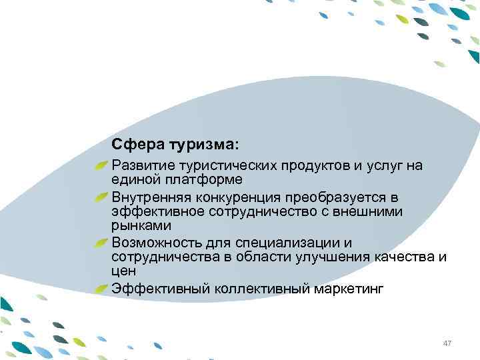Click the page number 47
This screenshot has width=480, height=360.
tap(447, 343)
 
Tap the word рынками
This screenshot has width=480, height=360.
tap(137, 227)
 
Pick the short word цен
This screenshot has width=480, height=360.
tap(123, 272)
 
